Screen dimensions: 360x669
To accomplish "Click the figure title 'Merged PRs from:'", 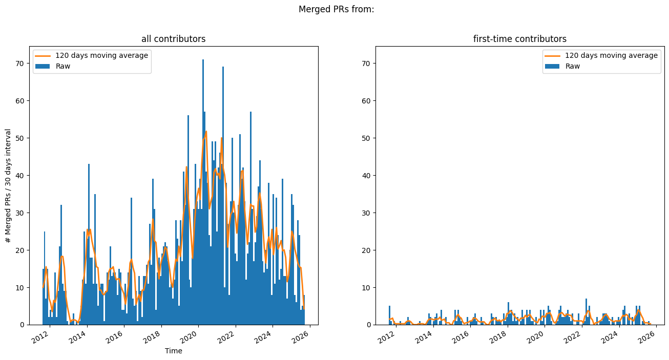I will [336, 9].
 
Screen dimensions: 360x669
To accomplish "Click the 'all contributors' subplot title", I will [173, 39].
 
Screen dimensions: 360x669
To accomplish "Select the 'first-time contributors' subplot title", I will [519, 39].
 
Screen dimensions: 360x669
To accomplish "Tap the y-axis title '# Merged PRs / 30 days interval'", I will [8, 185].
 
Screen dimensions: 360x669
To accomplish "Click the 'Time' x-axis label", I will [173, 351].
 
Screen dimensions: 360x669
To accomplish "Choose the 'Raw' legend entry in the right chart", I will [573, 66].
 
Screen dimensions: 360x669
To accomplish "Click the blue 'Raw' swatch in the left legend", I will [43, 66].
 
